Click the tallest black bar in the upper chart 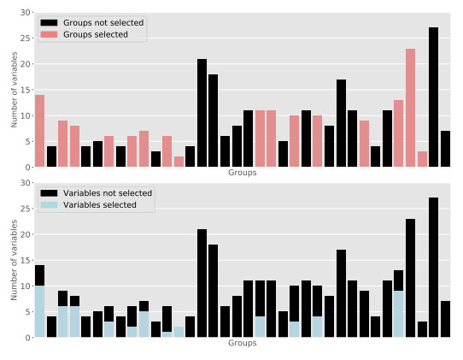coord(433,97)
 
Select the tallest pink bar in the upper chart coord(410,108)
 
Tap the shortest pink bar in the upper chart coord(179,162)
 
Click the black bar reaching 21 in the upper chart coord(202,113)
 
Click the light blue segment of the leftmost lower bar coord(39,311)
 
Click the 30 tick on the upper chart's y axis coord(26,13)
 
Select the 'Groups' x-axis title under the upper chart coord(243,173)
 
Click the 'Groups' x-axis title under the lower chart coord(243,343)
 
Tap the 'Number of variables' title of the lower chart coord(14,260)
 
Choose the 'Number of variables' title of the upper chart coord(14,90)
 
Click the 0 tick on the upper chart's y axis coord(28,167)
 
